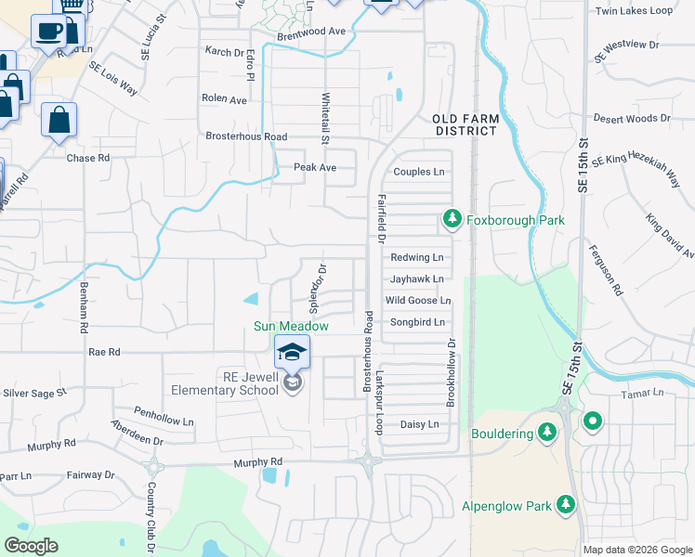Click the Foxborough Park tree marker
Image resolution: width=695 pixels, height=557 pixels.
click(452, 220)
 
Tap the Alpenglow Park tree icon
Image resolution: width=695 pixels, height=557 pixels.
click(565, 506)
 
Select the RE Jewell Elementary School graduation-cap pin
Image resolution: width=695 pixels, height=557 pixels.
click(292, 353)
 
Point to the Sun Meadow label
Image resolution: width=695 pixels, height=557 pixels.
click(291, 326)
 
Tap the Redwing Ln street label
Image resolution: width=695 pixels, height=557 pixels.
click(416, 257)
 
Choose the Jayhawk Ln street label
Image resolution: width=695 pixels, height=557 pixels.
click(416, 278)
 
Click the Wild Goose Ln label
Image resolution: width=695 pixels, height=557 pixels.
click(418, 301)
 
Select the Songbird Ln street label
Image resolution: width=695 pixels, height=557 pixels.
click(417, 322)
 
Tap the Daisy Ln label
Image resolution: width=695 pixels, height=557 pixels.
click(418, 424)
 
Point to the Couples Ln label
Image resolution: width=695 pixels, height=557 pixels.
click(419, 172)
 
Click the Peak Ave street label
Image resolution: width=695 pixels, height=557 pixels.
click(314, 168)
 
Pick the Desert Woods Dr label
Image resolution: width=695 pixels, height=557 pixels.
click(632, 119)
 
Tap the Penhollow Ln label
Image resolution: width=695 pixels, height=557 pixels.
click(162, 410)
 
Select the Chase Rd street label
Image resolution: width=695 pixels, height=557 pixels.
click(88, 158)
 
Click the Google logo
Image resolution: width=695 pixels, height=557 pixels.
click(32, 546)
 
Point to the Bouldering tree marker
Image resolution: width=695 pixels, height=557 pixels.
click(547, 432)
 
